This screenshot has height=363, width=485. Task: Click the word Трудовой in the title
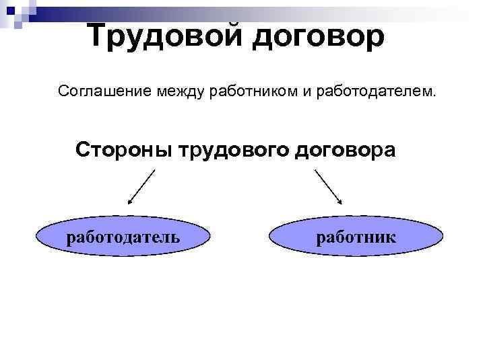click(x=165, y=35)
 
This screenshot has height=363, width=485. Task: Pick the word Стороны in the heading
click(x=124, y=149)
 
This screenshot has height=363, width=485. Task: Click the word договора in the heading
click(x=346, y=150)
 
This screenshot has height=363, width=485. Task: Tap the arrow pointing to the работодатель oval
click(x=141, y=186)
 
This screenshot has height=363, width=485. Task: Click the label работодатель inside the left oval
click(x=123, y=237)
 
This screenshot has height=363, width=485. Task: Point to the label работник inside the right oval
click(x=356, y=237)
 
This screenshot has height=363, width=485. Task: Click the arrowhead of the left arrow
click(x=130, y=200)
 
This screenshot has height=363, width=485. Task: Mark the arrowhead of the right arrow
click(x=341, y=200)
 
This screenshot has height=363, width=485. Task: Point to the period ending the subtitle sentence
click(x=434, y=94)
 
